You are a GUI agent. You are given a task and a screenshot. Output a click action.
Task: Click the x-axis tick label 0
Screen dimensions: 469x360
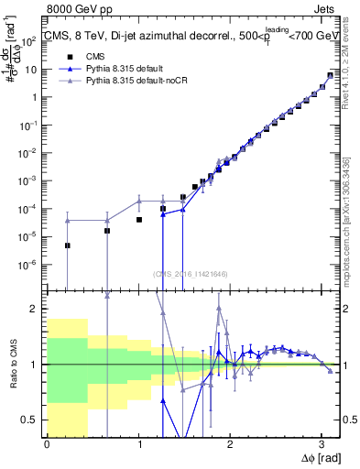click(x=47, y=442)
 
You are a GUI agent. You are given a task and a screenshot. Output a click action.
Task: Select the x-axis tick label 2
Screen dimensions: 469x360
click(x=230, y=442)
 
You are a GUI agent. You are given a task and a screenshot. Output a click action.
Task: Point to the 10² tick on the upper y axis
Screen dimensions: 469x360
click(x=33, y=41)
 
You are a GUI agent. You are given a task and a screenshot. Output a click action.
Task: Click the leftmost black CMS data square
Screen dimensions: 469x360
click(x=68, y=245)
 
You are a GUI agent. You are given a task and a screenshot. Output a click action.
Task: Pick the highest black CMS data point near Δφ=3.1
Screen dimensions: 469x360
click(x=331, y=76)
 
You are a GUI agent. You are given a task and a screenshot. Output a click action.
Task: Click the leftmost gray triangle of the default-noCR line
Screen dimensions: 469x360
click(x=68, y=220)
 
